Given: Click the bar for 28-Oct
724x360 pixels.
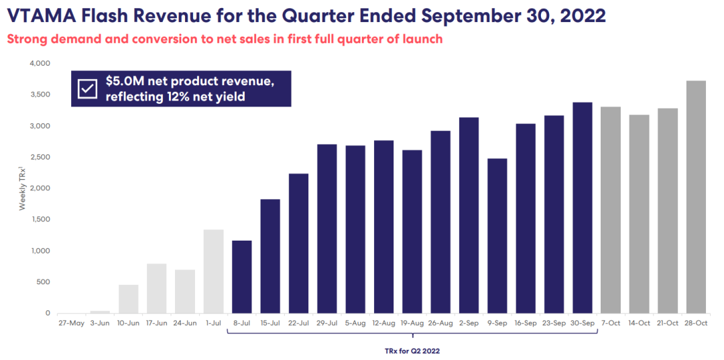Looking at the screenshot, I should (x=696, y=197).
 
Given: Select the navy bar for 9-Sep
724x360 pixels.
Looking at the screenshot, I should (x=497, y=236).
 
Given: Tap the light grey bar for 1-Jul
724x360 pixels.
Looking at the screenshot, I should (x=213, y=272).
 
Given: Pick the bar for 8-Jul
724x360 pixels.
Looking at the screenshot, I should (x=241, y=277).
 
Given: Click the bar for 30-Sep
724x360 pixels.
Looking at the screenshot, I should (x=582, y=208).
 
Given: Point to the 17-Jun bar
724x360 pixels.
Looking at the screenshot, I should (x=156, y=288).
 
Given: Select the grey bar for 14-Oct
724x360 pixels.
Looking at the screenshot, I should (x=639, y=214).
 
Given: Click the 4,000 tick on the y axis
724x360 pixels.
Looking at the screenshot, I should (x=40, y=63).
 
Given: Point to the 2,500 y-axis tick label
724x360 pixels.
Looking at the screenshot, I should (x=40, y=157).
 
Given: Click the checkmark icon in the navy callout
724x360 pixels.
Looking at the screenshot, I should (x=87, y=88).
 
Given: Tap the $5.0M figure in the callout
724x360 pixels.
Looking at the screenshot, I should (x=124, y=82).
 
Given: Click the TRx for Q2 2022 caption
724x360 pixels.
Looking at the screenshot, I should (x=412, y=350).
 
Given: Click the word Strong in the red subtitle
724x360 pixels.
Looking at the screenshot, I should (x=25, y=39).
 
